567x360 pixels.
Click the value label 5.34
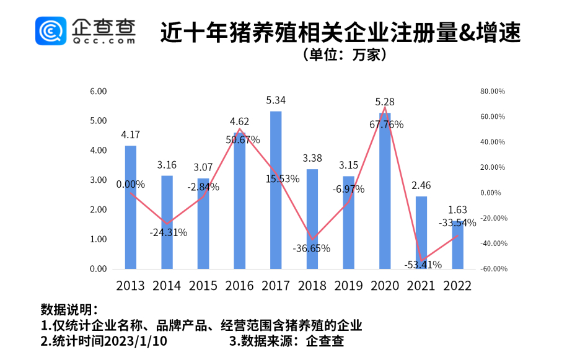click(276, 100)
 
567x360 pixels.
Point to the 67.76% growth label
click(386, 125)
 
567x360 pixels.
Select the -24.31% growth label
click(168, 232)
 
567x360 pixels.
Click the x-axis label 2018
click(312, 286)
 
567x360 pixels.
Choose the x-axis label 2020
click(385, 286)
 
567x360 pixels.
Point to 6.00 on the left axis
click(99, 91)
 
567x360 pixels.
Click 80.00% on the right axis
click(493, 91)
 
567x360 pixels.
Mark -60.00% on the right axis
click(493, 269)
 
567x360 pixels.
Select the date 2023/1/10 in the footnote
click(136, 341)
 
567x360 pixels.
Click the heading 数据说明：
click(69, 309)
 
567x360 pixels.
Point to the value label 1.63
click(457, 210)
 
